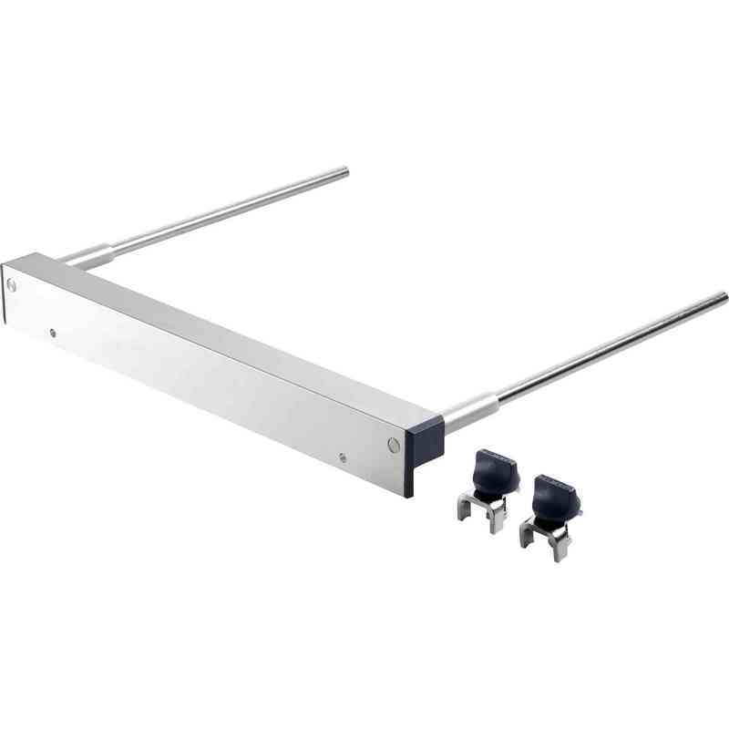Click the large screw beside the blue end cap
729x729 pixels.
pos(393,445)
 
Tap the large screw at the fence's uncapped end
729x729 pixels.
pos(11,284)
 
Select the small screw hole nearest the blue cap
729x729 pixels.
pos(343,458)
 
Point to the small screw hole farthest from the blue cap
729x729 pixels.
pos(53,332)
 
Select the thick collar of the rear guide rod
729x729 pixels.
pos(95,254)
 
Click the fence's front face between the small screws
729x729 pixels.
pos(200,392)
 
